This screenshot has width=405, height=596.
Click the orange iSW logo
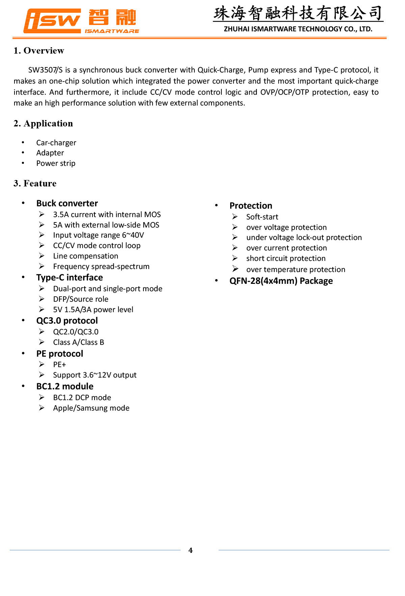point(52,21)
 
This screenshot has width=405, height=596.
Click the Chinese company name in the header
point(298,13)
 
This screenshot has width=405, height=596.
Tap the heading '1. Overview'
point(39,51)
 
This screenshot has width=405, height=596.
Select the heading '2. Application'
point(43,123)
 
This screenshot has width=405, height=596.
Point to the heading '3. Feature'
point(35,183)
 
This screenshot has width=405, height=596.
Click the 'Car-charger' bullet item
point(56,143)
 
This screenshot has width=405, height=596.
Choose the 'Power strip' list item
point(56,163)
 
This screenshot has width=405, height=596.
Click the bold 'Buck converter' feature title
point(67,203)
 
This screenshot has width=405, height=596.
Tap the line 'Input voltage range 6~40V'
point(99,235)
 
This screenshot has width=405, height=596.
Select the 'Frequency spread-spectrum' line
point(101,266)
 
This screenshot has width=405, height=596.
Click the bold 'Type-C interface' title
point(70,277)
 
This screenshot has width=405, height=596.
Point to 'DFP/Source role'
point(81,299)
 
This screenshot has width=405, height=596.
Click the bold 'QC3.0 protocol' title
point(67,321)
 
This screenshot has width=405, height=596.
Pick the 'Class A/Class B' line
point(79,342)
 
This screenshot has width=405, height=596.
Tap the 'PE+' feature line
point(59,364)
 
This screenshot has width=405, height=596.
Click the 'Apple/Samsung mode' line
point(91,408)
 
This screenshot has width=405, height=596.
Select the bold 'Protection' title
point(251,206)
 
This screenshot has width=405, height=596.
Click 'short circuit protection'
point(286,258)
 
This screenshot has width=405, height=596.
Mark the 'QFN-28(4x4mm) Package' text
point(281,281)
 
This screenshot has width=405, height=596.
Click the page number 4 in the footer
point(191,550)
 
